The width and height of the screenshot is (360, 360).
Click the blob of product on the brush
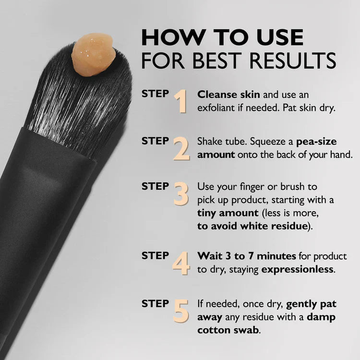[x=94, y=54]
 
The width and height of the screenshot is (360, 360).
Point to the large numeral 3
[x=180, y=193]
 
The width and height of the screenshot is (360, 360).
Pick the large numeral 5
[x=181, y=311]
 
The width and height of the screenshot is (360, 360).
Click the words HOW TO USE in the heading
[x=222, y=37]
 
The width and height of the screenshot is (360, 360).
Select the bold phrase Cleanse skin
[x=222, y=95]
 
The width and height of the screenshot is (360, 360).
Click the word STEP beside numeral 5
[x=155, y=304]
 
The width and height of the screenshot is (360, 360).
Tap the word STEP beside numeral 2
[x=155, y=141]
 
